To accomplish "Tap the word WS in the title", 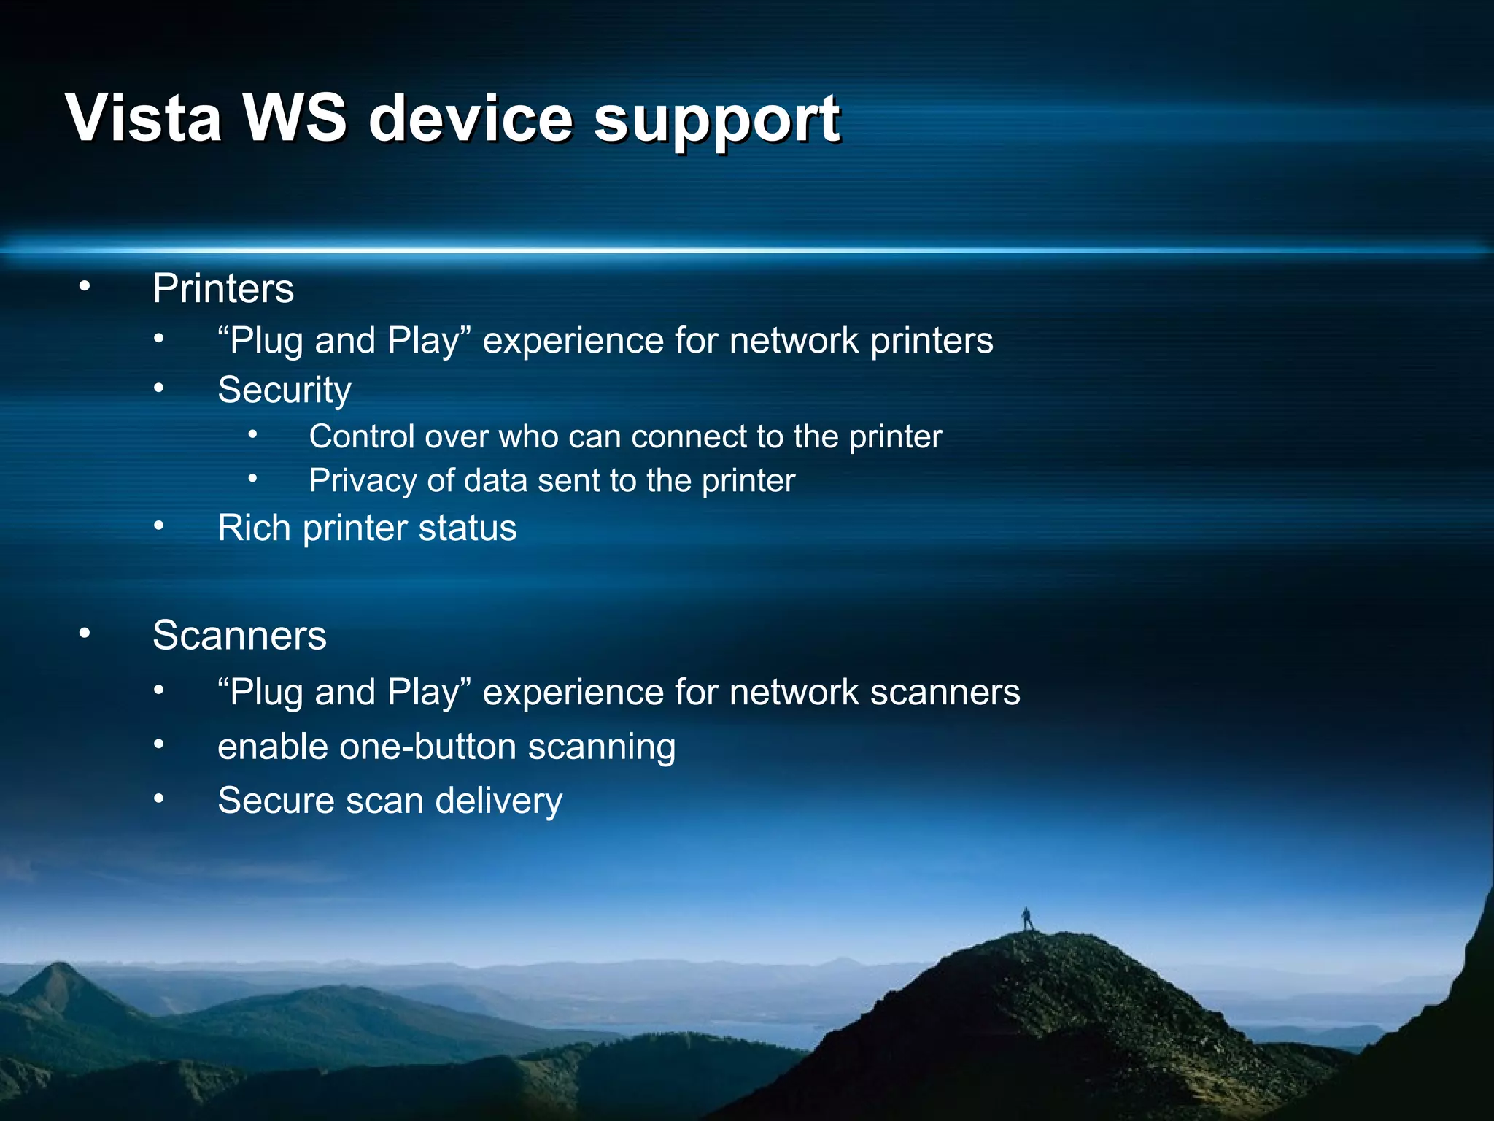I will pos(295,118).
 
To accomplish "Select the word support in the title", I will pos(716,120).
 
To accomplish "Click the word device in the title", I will pos(471,118).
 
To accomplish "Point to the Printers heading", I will pos(223,288).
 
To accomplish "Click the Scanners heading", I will pos(239,635).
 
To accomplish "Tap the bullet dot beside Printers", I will pos(85,287).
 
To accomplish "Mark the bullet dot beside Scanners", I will pos(85,633).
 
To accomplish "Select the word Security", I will pos(285,390).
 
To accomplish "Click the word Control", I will pos(362,436).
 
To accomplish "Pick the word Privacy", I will pos(363,481).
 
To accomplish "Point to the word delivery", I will pos(499,801).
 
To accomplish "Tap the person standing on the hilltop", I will pos(1027,918).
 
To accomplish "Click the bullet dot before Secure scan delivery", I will pos(159,799).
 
